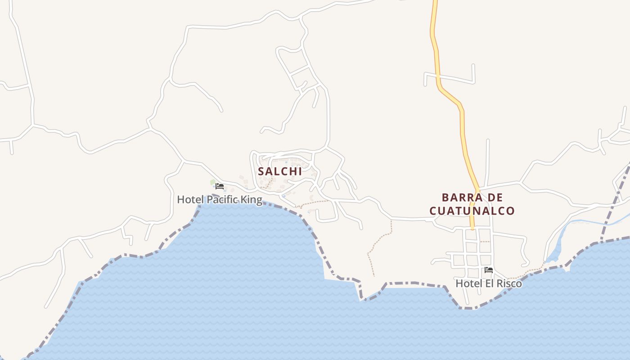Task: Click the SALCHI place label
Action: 279,171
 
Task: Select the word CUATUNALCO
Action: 472,211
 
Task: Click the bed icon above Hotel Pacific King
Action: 220,186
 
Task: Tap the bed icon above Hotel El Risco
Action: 489,270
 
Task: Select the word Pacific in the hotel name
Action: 222,199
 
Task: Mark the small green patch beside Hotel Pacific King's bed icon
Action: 213,182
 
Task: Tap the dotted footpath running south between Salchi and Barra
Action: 378,243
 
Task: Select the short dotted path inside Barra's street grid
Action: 485,242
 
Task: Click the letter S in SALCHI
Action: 261,171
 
